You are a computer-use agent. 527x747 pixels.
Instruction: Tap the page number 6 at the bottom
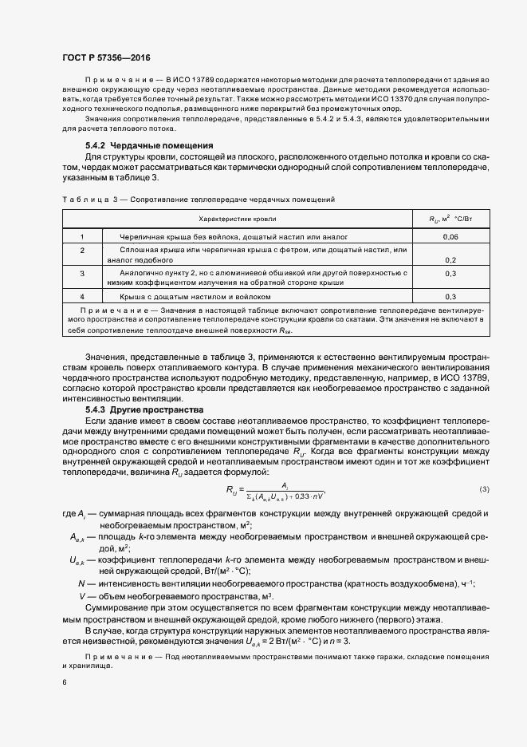[65, 683]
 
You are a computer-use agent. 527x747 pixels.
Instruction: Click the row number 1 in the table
[82, 237]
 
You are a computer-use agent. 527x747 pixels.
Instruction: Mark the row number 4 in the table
[82, 296]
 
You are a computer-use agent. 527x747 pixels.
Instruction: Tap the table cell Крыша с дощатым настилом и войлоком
[195, 296]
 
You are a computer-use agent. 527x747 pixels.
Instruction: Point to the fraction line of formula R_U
[285, 489]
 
